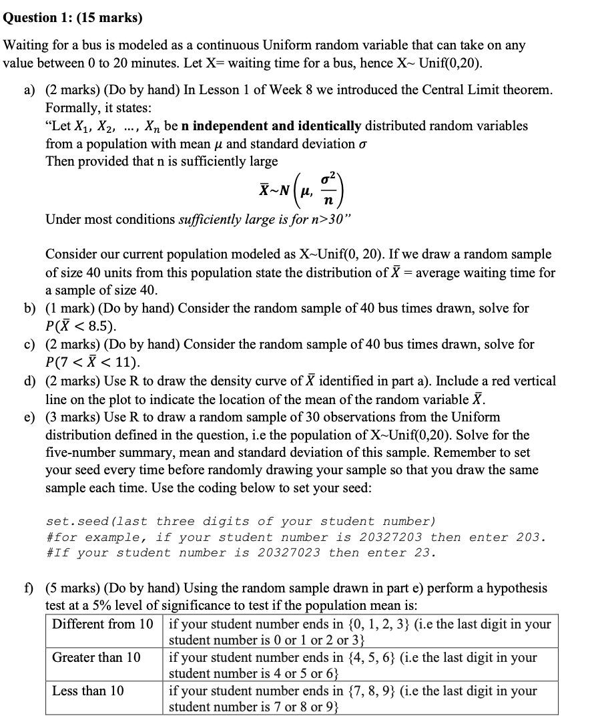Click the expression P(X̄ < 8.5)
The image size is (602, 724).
[80, 327]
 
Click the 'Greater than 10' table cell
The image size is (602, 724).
[97, 657]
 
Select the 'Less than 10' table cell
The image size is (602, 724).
[88, 691]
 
